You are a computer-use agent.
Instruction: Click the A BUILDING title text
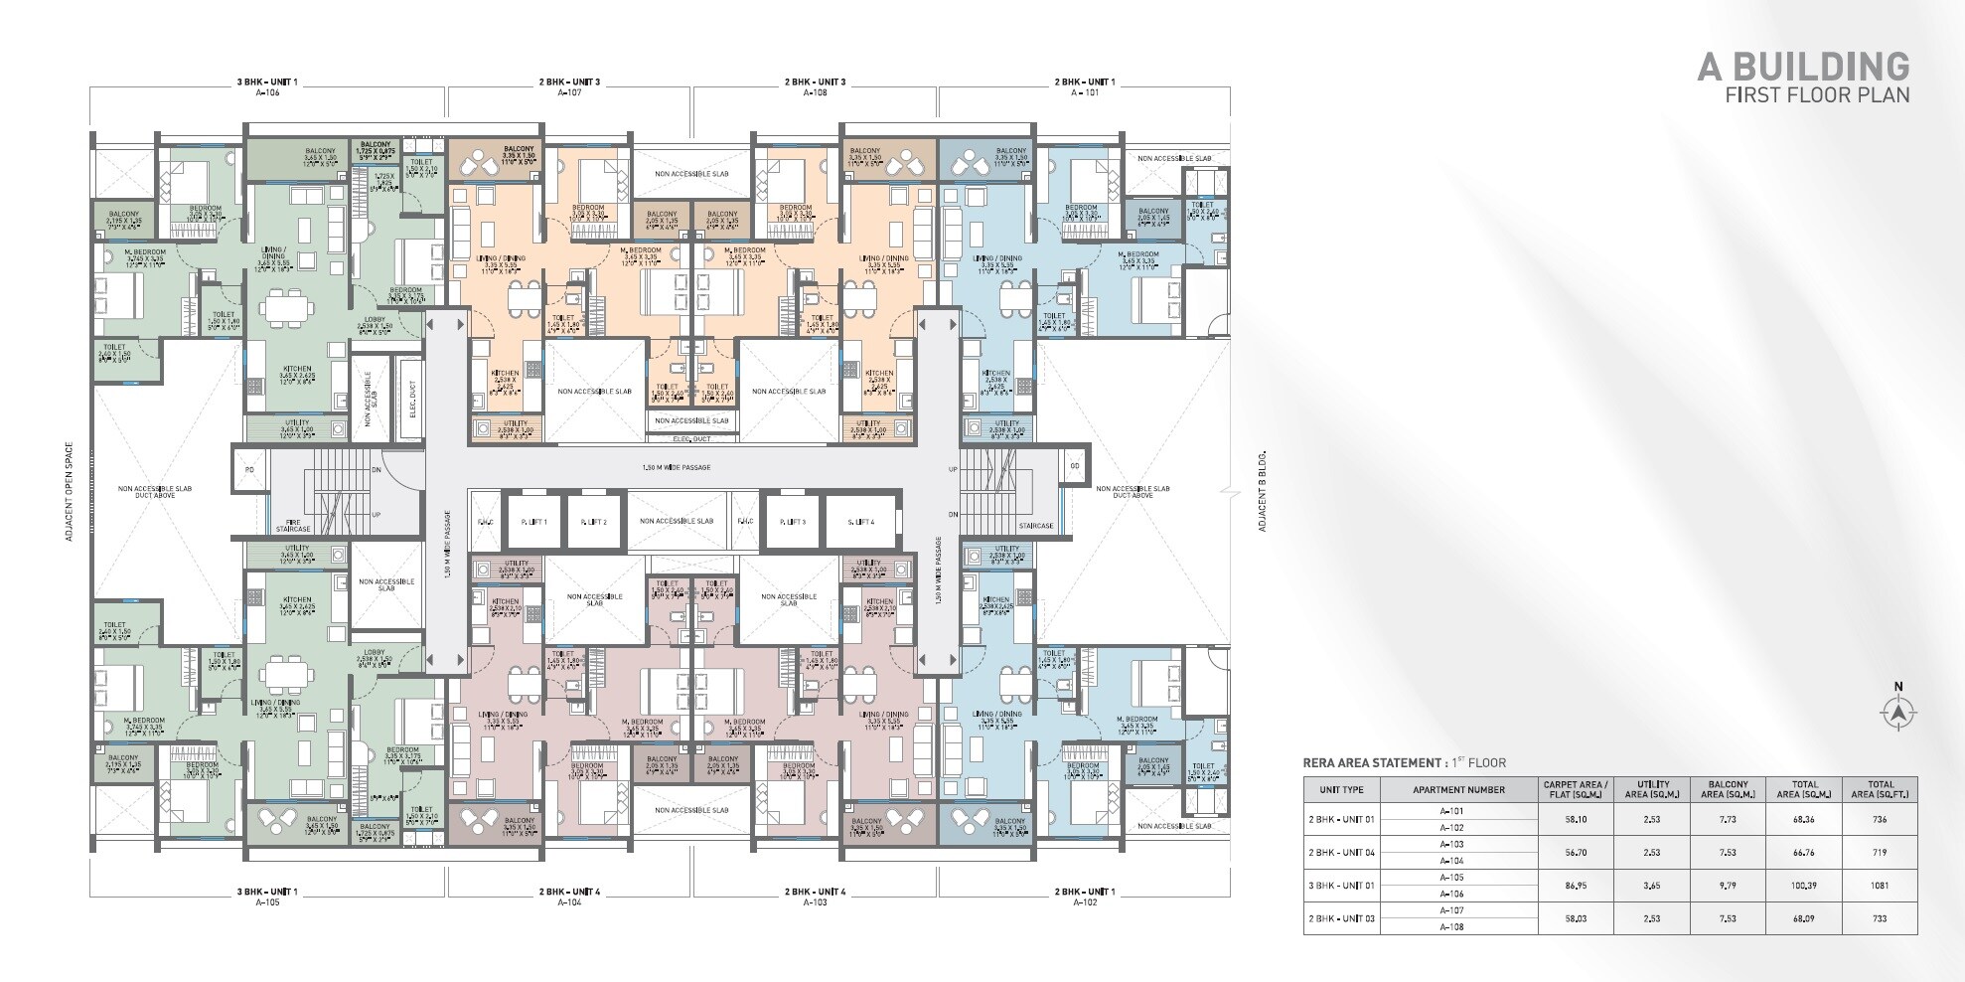(1802, 67)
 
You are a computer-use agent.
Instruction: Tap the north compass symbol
(1898, 712)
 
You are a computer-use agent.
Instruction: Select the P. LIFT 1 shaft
(528, 522)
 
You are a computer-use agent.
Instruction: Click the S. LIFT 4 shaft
(861, 522)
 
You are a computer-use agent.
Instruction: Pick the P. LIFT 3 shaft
(792, 522)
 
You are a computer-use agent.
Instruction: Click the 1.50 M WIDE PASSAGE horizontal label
(676, 467)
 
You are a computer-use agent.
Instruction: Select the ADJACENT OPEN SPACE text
(69, 491)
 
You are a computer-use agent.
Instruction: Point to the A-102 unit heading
(1084, 902)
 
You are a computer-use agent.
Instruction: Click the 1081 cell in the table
(1880, 886)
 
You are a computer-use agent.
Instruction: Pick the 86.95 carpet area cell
(1575, 886)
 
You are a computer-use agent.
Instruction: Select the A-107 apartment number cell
(1451, 910)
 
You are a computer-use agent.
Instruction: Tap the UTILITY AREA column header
(1652, 789)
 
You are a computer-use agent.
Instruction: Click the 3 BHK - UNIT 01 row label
(1341, 886)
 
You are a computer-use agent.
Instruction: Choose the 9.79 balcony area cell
(1729, 886)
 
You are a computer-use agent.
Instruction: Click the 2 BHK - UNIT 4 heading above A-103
(815, 892)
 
